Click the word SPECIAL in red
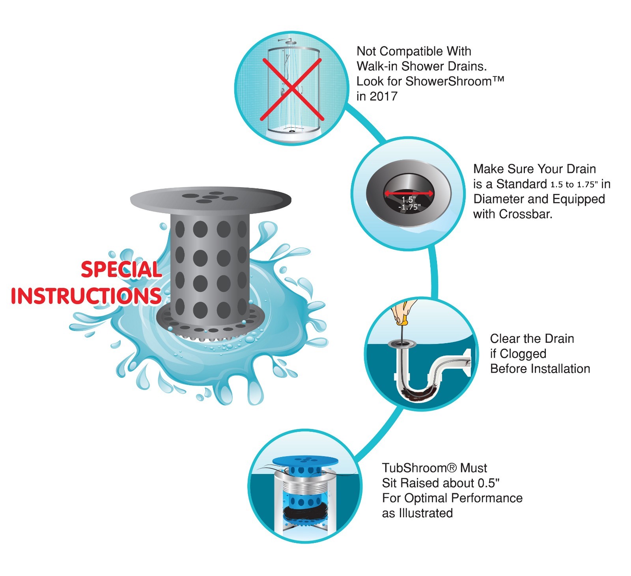pos(121,270)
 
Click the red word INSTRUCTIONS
pos(86,296)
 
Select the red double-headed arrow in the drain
pos(409,193)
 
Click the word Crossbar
pos(525,214)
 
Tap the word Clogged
pos(523,354)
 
